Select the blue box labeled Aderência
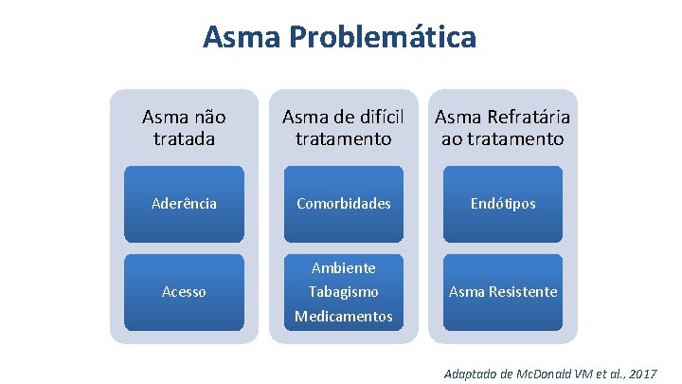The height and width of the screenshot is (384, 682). coord(184,204)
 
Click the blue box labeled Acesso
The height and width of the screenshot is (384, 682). coord(184,292)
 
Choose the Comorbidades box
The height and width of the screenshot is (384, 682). coord(343,204)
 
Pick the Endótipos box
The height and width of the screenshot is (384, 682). coord(502,204)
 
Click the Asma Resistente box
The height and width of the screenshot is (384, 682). coord(502,292)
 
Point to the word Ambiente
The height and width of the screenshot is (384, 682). coord(343,268)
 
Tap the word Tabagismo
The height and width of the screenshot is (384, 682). coord(343,292)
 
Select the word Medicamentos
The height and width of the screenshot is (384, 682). coord(343,316)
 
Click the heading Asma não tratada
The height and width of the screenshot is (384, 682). coord(184,128)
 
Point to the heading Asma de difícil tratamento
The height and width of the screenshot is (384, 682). coord(343,128)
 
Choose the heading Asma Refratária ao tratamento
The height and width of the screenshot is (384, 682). coord(502,128)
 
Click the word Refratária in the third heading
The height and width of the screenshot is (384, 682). coord(526,118)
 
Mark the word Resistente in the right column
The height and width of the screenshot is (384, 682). coord(523,292)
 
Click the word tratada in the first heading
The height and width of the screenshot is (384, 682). coord(184,138)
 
